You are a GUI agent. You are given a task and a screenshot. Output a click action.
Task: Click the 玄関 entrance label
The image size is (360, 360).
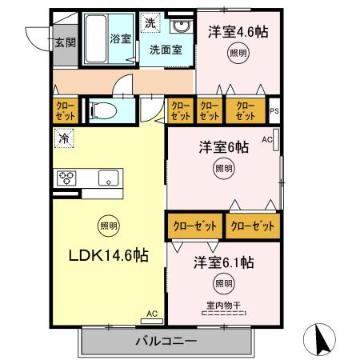tap(65, 42)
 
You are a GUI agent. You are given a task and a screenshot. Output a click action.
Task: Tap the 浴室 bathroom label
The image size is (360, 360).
tap(120, 39)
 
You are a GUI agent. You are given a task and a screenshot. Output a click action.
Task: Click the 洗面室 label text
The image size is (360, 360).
tap(166, 50)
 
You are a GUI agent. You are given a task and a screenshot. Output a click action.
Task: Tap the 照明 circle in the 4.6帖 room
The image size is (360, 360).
tap(238, 54)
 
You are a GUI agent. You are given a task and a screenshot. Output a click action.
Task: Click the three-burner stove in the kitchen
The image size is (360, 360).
tap(66, 178)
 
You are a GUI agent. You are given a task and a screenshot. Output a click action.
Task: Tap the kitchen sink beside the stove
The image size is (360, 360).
tap(107, 178)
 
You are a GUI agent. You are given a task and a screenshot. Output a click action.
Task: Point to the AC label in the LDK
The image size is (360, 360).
tap(152, 314)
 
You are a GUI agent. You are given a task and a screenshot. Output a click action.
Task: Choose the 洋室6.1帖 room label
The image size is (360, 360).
tap(223, 262)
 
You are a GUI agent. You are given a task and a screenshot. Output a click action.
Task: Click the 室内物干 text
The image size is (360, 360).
tap(224, 304)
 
